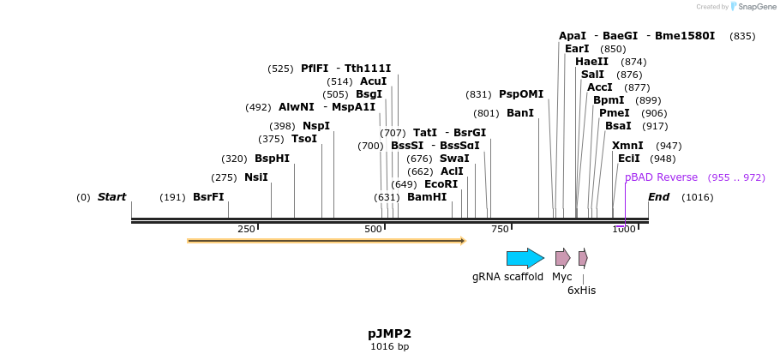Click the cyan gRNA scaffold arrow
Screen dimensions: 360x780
point(525,258)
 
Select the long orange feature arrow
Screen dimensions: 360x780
point(326,241)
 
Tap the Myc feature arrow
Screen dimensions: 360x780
point(562,258)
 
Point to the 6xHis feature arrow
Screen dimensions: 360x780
point(583,258)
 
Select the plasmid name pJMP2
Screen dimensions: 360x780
point(390,333)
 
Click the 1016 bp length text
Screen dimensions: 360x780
point(390,347)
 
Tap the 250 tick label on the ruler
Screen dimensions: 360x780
point(246,229)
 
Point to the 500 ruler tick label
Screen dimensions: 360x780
point(373,229)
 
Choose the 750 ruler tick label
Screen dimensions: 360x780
point(499,229)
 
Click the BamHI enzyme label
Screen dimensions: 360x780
point(427,197)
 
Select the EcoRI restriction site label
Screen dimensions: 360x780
point(441,184)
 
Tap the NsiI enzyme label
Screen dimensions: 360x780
point(256,177)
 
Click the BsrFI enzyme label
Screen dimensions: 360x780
point(208,197)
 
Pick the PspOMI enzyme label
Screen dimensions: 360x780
point(521,94)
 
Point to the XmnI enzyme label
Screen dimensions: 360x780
point(627,146)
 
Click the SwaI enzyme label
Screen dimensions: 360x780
point(454,159)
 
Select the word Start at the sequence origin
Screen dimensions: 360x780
point(111,197)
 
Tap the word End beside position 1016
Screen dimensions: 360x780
point(659,197)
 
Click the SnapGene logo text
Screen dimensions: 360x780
point(753,6)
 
